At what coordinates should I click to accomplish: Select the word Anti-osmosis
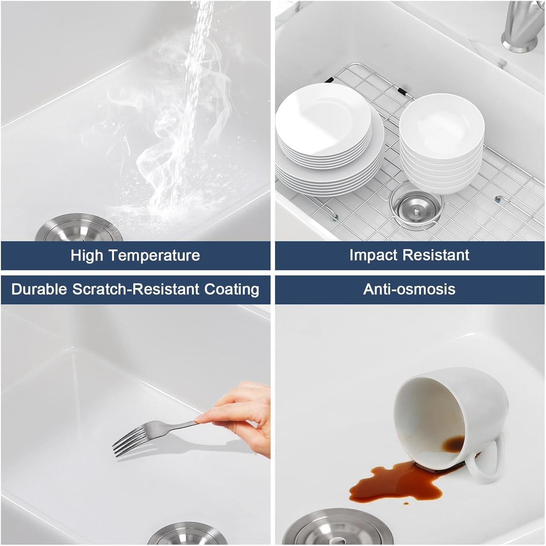[409, 289]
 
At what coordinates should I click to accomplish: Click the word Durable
[39, 289]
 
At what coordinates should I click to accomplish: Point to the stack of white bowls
[442, 144]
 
